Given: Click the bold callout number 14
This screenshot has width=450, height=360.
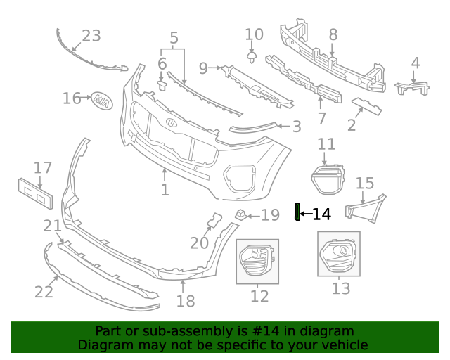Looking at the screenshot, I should click(x=321, y=214).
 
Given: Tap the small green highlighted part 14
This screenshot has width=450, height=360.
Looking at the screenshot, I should click(x=297, y=212).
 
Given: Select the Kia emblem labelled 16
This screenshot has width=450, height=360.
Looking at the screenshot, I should click(x=101, y=101).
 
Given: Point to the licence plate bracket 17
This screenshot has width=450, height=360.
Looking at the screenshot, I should click(x=35, y=193).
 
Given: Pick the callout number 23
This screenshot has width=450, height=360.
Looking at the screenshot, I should click(x=91, y=36).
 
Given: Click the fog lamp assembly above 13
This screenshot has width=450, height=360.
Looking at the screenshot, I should click(x=338, y=256).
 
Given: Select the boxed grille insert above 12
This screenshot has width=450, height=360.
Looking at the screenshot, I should click(x=257, y=260).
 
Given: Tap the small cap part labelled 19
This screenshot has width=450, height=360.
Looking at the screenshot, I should click(x=240, y=214).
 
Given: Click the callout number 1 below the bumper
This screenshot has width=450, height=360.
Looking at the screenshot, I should click(x=165, y=190).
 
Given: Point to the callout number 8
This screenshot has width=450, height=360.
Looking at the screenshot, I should click(x=333, y=34).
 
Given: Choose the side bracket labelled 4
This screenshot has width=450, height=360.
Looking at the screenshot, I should click(x=413, y=88).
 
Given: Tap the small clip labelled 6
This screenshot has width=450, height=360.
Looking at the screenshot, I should click(x=162, y=85).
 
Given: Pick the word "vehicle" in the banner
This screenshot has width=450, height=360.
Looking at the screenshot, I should click(x=345, y=345).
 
